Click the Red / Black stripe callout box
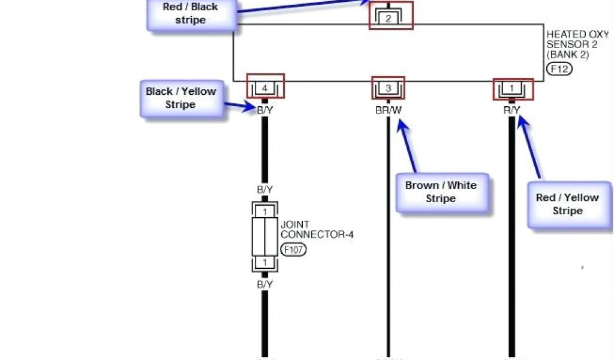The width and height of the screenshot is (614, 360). [x=190, y=14]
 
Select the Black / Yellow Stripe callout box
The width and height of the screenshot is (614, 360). [x=180, y=98]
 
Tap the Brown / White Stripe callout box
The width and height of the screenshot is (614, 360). [x=441, y=192]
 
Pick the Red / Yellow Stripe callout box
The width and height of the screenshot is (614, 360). [x=567, y=204]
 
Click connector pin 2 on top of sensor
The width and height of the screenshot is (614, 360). [x=388, y=18]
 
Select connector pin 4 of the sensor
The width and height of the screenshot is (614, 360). [x=264, y=88]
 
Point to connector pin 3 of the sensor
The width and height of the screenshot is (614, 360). [x=388, y=89]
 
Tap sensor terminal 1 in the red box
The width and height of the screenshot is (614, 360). [x=511, y=89]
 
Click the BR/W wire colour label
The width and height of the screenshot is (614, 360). [x=388, y=110]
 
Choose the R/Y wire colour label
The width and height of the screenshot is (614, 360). [x=511, y=110]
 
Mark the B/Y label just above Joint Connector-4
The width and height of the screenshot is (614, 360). [x=265, y=190]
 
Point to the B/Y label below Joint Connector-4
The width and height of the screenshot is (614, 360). [x=265, y=284]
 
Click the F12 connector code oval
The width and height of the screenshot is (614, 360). [x=559, y=69]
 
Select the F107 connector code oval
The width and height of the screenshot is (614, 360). [x=293, y=250]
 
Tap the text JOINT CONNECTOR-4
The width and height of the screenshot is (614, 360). [x=317, y=229]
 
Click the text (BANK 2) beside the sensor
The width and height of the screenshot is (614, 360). [x=567, y=55]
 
